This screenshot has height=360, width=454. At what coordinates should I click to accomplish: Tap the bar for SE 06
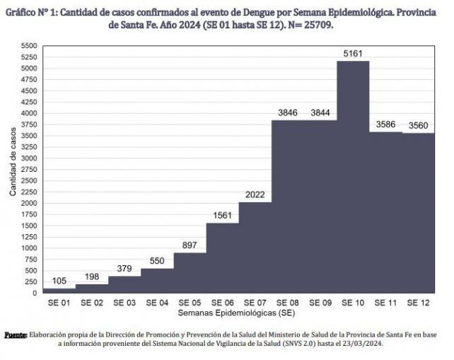point(222,258)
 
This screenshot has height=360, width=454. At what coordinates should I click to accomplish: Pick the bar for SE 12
point(418,213)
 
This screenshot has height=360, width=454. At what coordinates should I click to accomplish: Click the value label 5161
point(353,53)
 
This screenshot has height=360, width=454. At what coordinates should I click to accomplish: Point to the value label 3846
point(288,112)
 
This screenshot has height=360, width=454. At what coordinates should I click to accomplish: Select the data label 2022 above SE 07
point(255,194)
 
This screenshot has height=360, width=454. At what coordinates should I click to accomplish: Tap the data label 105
point(59,281)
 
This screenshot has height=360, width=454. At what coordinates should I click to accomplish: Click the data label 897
point(190,245)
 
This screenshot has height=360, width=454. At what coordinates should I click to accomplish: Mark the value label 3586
point(385,124)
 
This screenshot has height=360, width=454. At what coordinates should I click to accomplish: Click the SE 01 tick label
point(59,302)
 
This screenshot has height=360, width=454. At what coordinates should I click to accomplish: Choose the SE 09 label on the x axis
point(320,302)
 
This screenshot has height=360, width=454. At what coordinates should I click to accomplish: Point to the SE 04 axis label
point(157,302)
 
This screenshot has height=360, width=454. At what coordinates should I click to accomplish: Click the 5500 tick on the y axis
point(28,46)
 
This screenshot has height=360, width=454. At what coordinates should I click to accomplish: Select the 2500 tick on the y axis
point(28,180)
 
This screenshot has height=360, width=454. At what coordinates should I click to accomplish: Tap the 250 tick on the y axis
point(30,281)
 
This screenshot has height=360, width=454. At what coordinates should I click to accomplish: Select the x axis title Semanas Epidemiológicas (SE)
point(236,312)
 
